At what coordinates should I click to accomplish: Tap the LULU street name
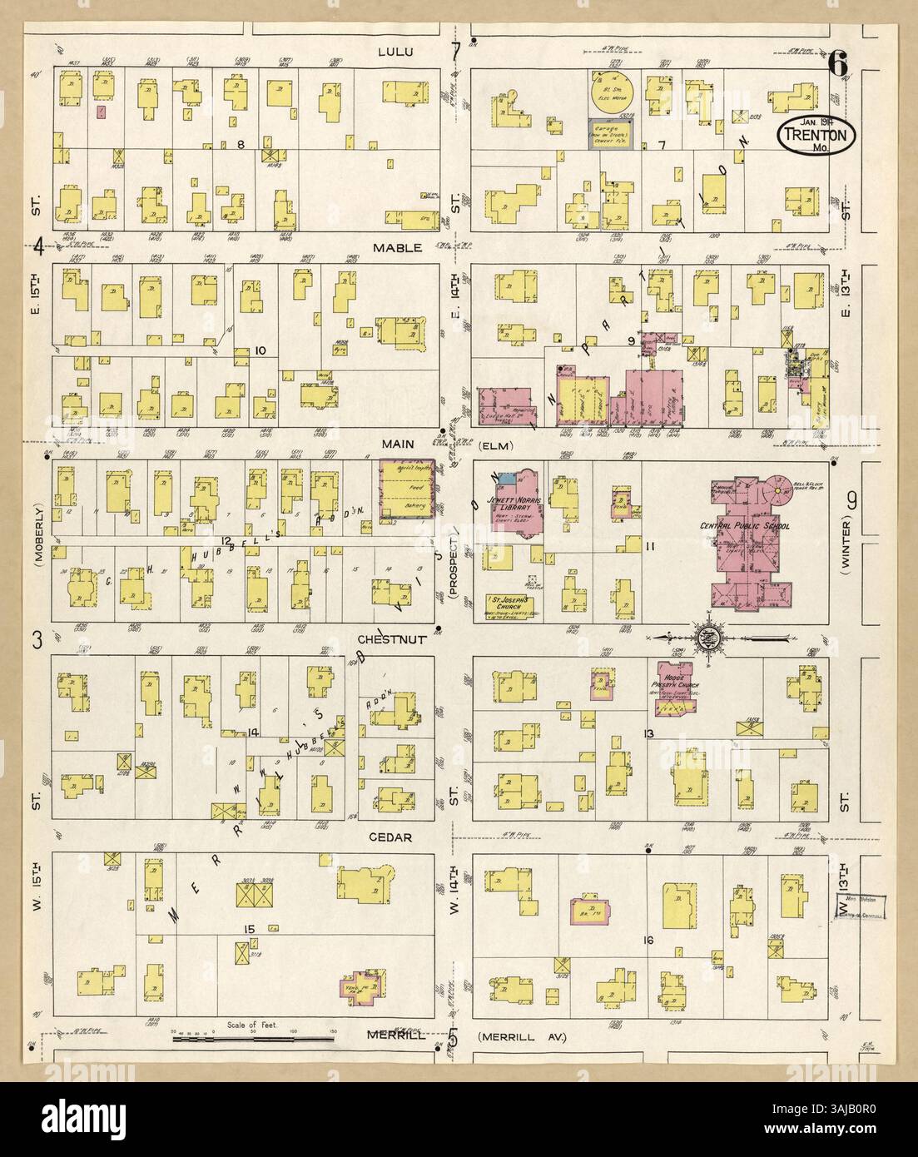[x=401, y=52]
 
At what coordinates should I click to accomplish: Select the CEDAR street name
[x=392, y=837]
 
